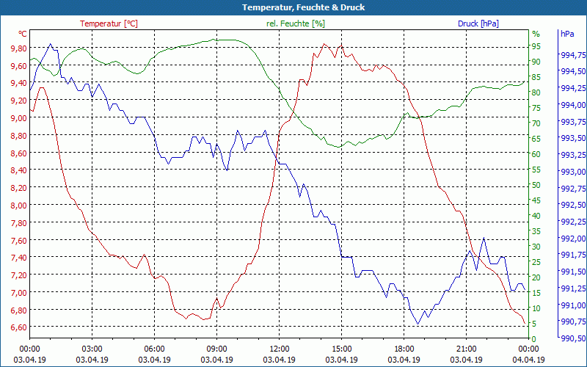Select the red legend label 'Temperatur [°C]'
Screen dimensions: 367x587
109,23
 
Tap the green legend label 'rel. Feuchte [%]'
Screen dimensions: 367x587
295,23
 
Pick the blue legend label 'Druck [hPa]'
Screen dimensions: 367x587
478,23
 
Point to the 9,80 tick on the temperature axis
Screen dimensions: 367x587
14,48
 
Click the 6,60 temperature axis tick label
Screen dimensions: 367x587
14,327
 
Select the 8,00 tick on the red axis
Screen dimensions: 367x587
14,206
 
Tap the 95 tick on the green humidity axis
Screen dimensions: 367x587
536,49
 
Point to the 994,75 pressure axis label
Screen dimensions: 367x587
572,55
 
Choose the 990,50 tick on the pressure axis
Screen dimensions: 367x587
572,338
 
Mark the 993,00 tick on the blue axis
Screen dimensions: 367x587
572,172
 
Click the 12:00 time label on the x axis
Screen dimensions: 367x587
280,349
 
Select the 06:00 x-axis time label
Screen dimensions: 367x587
155,349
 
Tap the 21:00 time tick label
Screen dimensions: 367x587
467,349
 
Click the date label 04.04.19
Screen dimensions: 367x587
529,360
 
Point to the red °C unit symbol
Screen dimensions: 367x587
23,34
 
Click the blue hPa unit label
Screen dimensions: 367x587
567,34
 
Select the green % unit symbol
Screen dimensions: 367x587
536,34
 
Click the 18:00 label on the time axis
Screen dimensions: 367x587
404,349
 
